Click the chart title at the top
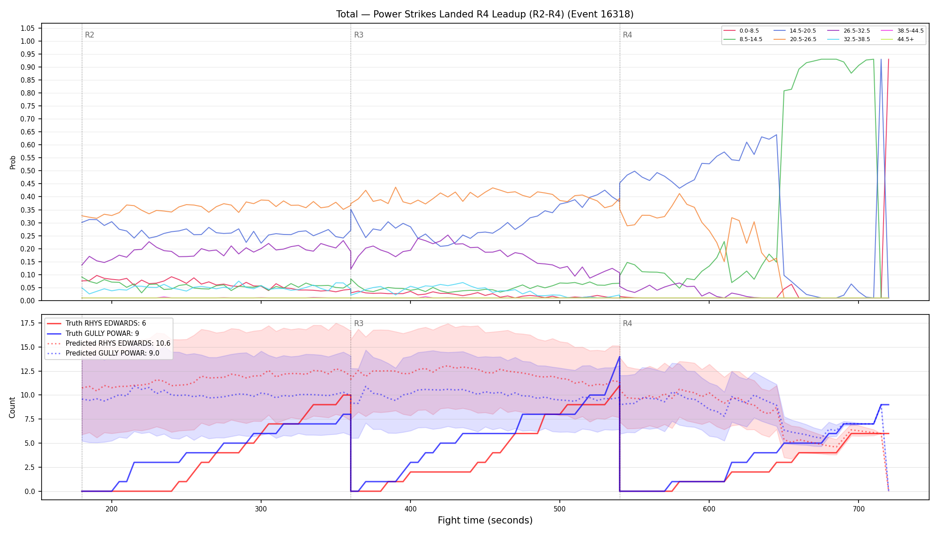tap(485, 14)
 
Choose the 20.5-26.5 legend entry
tap(795, 39)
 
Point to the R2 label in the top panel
tap(89, 35)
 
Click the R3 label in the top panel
tap(359, 35)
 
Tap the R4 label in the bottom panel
tap(627, 323)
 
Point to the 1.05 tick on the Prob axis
tap(28, 29)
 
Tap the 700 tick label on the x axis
tap(859, 509)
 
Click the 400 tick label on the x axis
tap(410, 509)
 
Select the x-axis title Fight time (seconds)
tap(485, 520)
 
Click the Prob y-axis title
tap(13, 162)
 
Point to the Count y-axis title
tap(12, 407)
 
